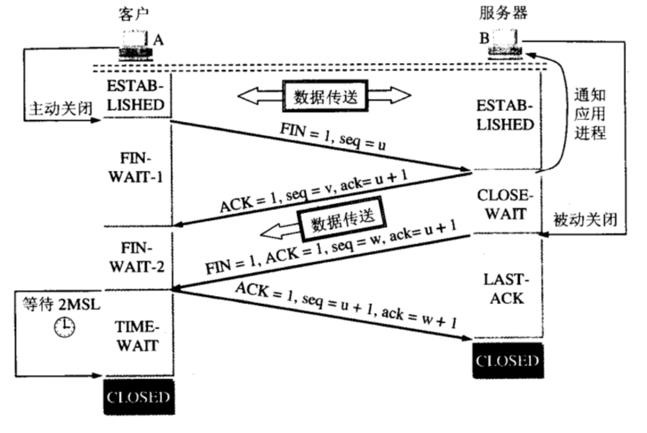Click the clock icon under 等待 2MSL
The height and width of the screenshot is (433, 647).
pos(63,327)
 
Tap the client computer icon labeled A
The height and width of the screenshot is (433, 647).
pos(135,46)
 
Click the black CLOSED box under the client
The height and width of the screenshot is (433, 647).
pos(138,397)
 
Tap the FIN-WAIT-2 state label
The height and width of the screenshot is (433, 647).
pos(136,258)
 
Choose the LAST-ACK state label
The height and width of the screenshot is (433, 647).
pos(506,290)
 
